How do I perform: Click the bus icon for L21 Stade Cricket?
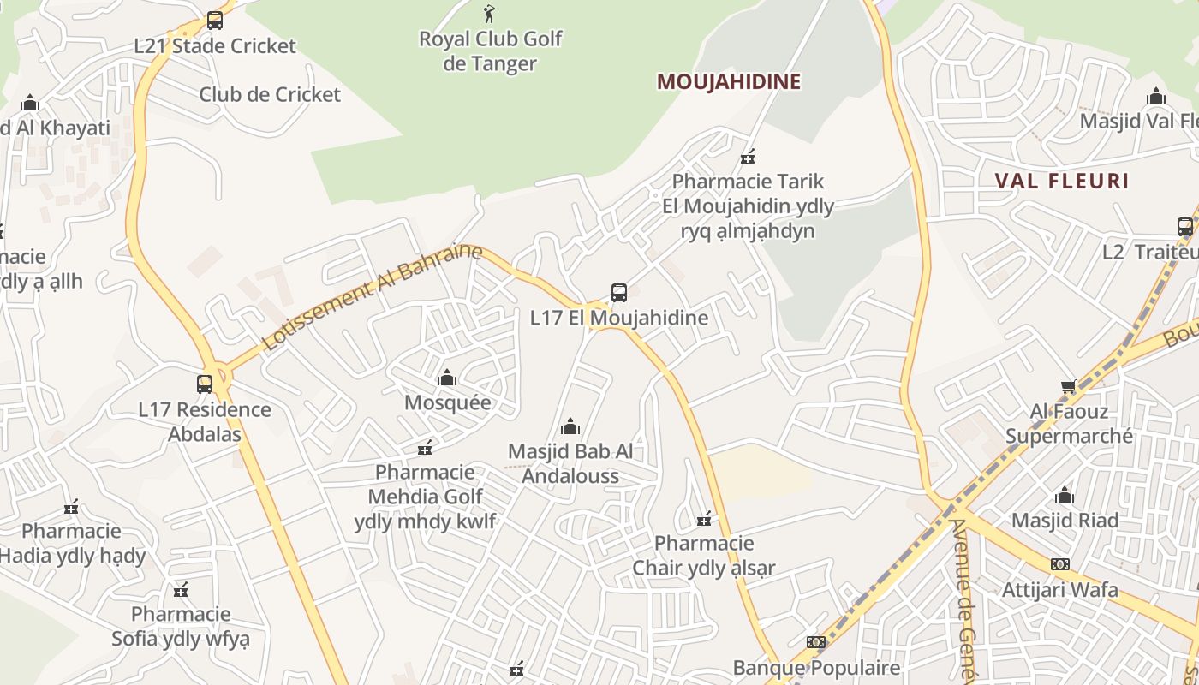point(214,20)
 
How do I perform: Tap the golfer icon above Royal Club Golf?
point(489,14)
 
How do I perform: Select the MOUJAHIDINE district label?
point(728,81)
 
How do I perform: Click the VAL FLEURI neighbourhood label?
point(1062,181)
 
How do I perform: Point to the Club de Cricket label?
point(270,94)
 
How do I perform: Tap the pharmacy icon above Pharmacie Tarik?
point(748,156)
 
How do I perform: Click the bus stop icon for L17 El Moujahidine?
point(619,293)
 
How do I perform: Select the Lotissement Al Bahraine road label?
point(372,298)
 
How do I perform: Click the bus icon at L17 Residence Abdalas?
point(205,384)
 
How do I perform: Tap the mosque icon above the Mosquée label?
point(447,378)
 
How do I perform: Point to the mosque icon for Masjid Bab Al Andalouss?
point(570,426)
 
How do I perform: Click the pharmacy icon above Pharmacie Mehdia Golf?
point(425,447)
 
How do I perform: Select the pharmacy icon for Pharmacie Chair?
point(704,518)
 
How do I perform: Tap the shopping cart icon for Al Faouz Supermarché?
point(1068,387)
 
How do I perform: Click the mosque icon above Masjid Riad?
point(1065,495)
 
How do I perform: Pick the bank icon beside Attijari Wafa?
point(1060,564)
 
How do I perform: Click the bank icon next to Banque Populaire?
point(816,642)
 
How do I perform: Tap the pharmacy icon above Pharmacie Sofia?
point(181,589)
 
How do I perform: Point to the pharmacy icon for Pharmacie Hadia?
point(71,507)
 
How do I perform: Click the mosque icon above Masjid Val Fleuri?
point(1156,96)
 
